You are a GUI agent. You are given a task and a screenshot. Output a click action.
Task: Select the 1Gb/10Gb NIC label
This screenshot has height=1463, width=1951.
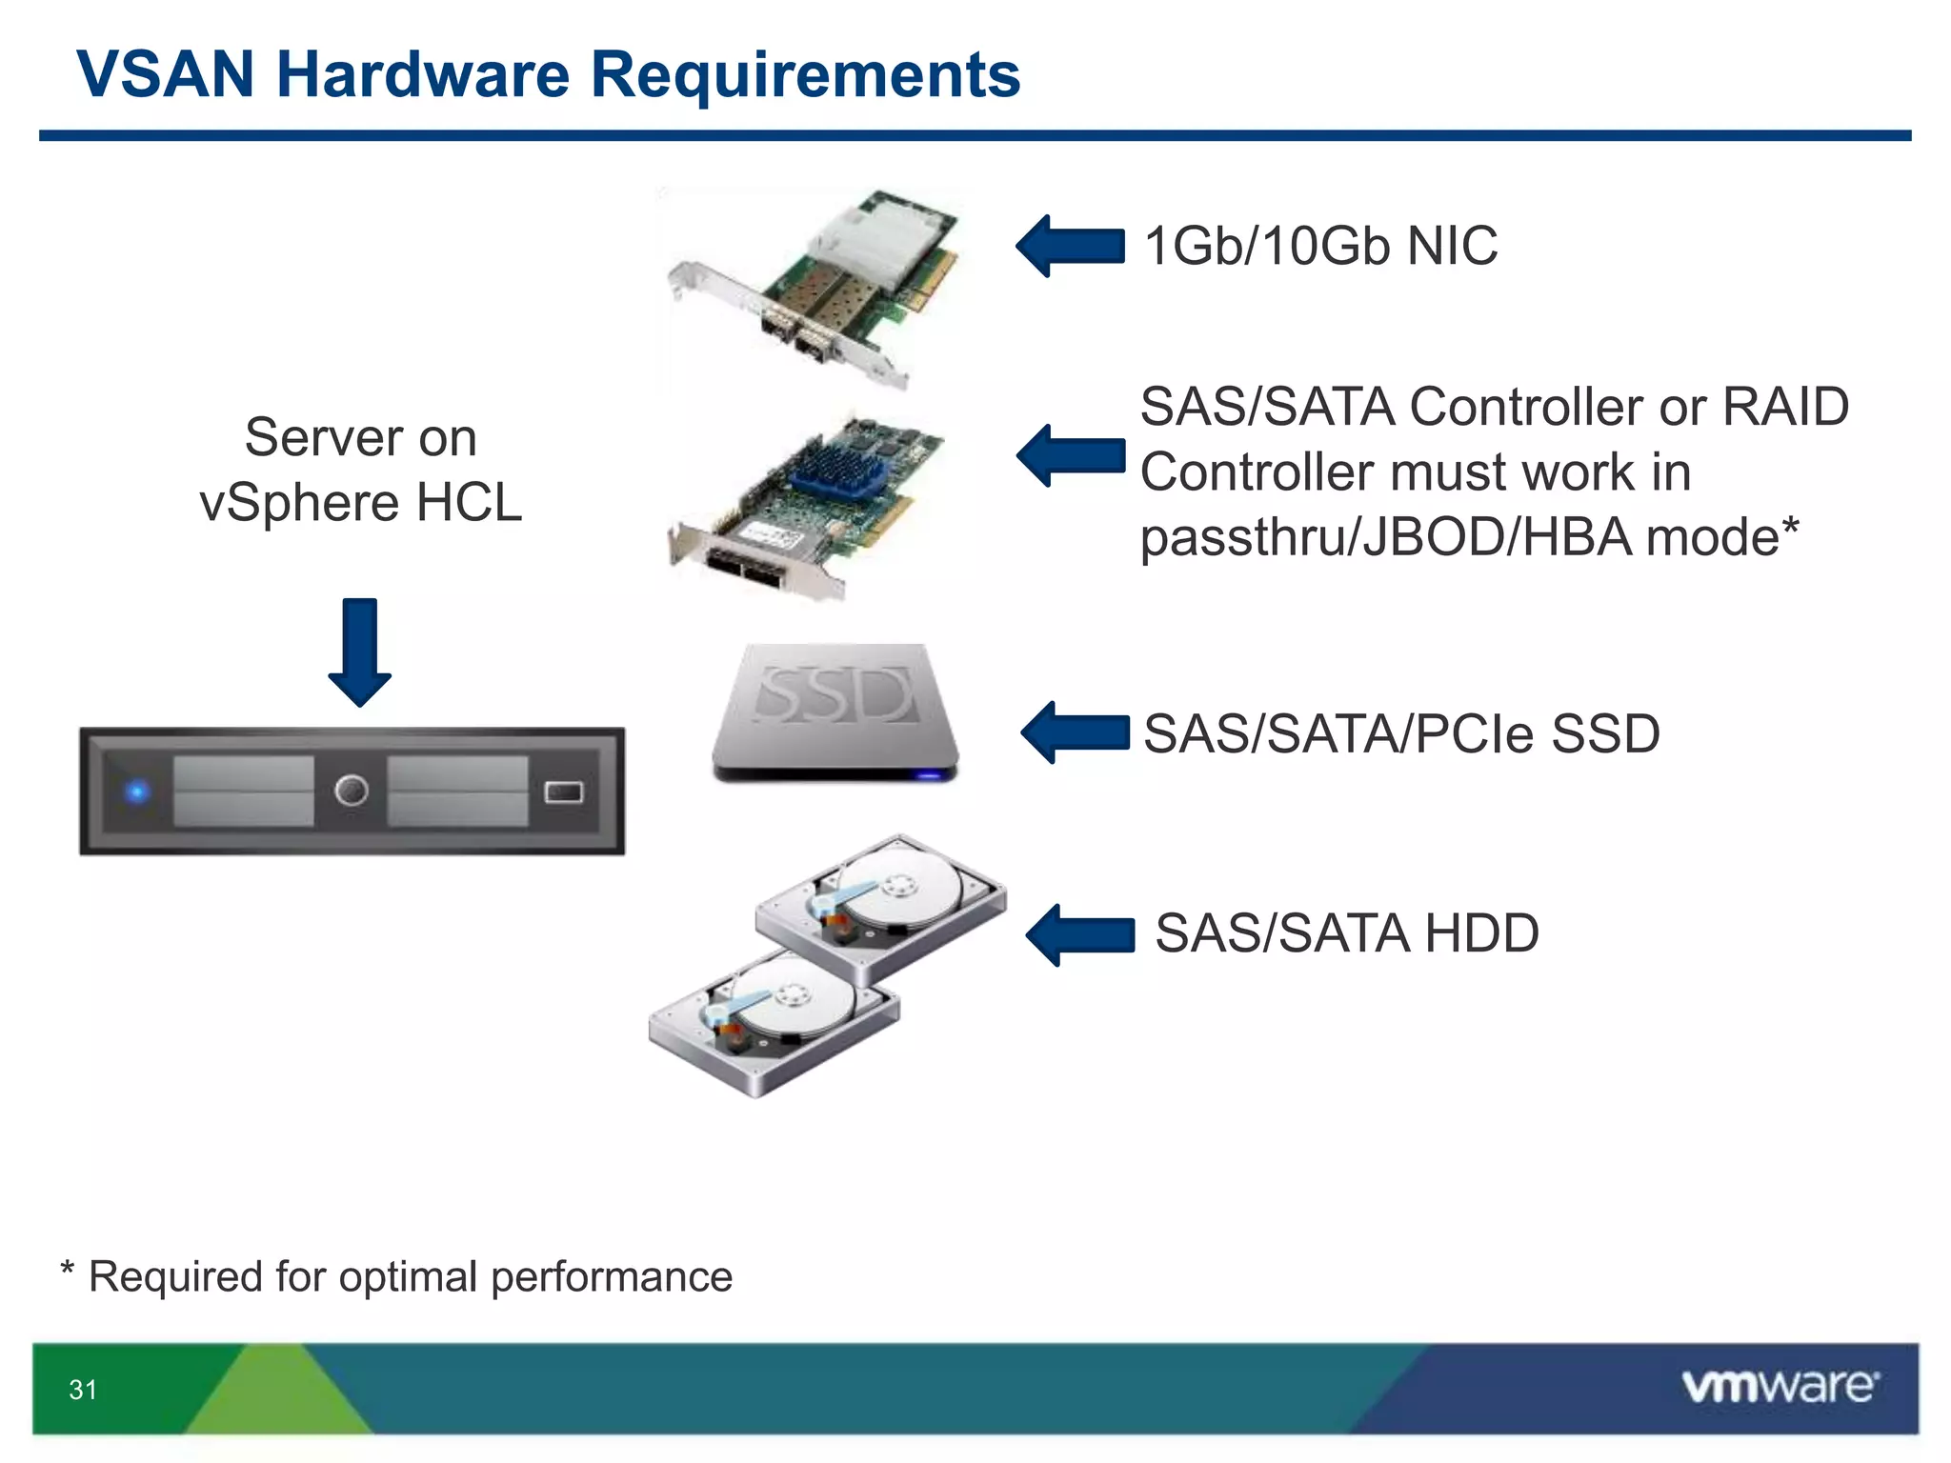point(1320,246)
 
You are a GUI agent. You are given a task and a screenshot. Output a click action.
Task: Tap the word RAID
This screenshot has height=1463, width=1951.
point(1785,408)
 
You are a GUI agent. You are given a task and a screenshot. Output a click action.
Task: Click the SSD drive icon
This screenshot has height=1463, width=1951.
point(835,712)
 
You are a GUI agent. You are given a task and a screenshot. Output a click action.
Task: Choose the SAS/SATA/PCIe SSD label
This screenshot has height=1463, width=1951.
point(1401,733)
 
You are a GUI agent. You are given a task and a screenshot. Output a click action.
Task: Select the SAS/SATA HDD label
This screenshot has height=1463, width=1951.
point(1346,932)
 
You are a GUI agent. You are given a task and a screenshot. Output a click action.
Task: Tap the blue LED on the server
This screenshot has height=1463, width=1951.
point(138,791)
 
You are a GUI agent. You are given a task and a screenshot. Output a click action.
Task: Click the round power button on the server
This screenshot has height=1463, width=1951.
point(352,791)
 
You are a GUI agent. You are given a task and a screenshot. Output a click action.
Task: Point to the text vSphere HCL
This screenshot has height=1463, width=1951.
point(360,502)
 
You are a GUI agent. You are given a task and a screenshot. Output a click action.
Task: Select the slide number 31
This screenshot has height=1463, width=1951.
point(83,1390)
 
